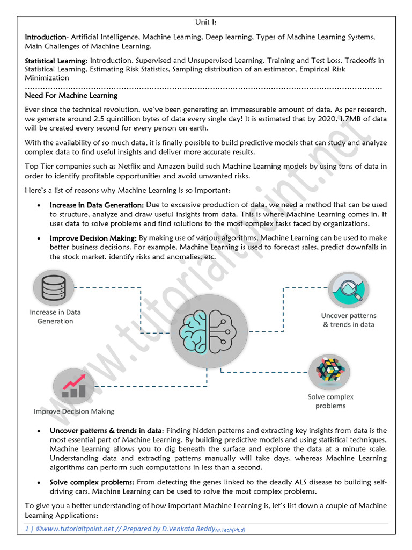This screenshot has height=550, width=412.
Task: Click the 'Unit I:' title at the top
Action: (x=205, y=22)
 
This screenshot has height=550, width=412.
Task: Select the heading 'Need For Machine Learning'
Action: (x=71, y=96)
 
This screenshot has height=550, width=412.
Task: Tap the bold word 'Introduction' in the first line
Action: (x=45, y=37)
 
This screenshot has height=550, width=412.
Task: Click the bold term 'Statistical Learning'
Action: (x=55, y=61)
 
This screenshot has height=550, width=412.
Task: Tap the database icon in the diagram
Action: (x=54, y=288)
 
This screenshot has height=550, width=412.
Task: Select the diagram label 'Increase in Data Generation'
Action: (x=55, y=316)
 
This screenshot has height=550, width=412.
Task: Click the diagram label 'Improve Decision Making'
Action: (x=74, y=411)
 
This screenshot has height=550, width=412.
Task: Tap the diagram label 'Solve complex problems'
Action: (x=330, y=401)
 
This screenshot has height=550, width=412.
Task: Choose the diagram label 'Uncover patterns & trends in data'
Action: (x=349, y=320)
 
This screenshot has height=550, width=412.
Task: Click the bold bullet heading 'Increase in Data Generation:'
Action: (x=97, y=205)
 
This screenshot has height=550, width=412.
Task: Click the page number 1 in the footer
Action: (x=27, y=529)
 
